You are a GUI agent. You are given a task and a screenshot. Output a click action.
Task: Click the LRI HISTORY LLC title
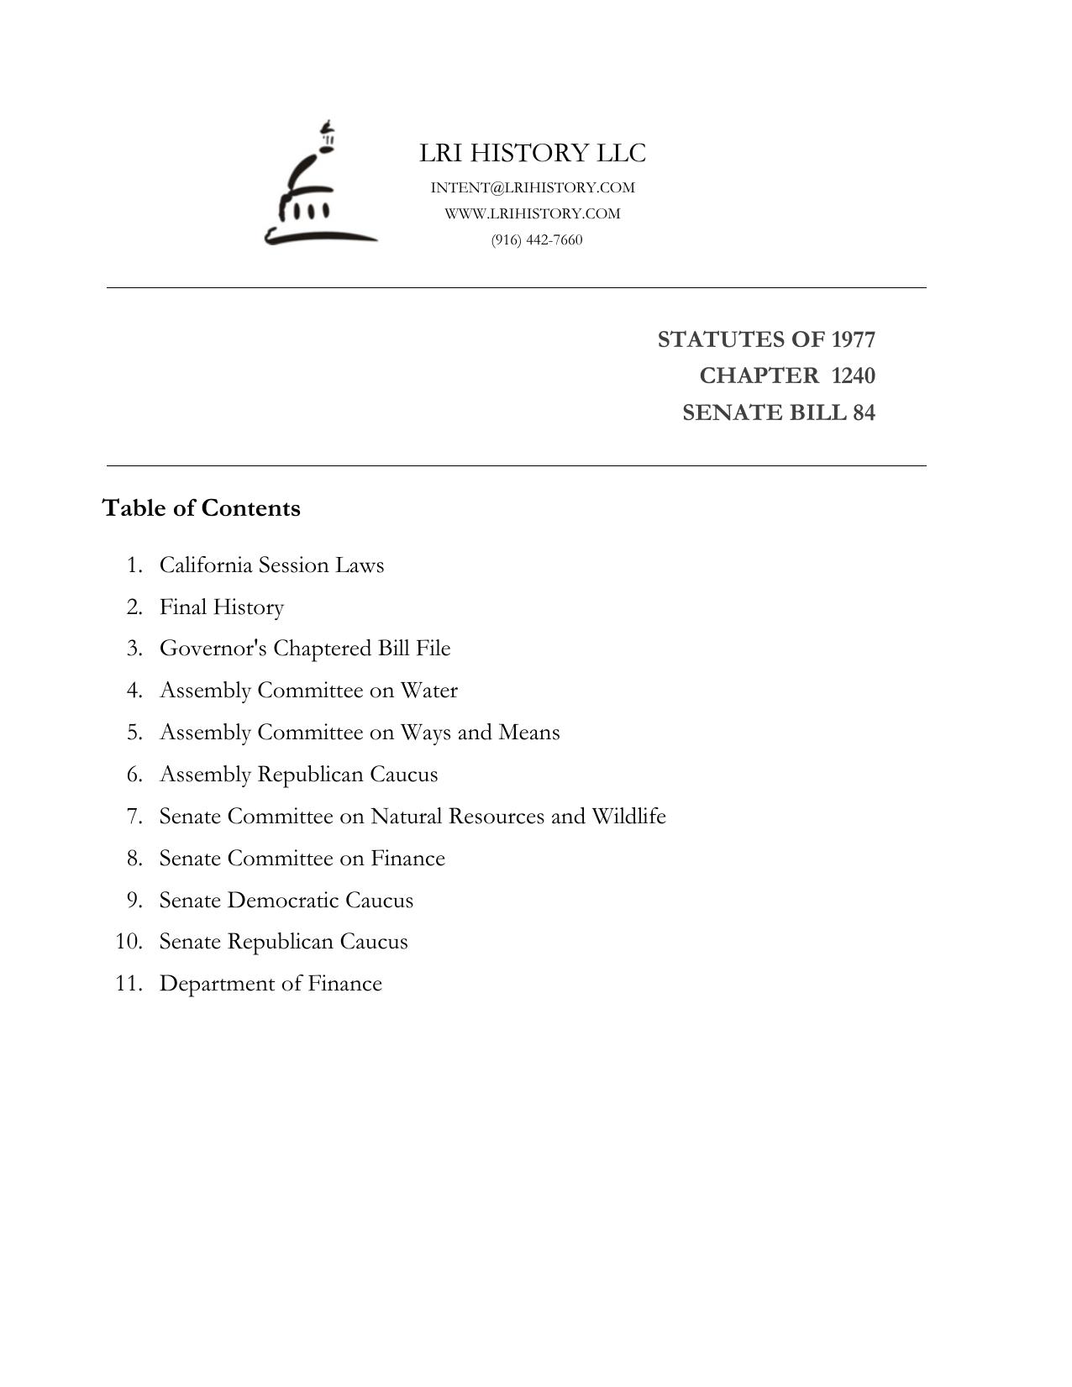533,153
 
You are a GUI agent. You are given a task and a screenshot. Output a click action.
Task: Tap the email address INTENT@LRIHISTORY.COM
533,187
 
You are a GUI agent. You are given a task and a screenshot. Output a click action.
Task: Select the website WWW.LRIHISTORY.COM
533,213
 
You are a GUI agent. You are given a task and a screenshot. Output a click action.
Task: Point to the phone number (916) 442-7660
537,239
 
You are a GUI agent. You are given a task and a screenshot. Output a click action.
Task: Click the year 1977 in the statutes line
853,339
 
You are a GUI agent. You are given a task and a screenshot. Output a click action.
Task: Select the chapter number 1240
853,376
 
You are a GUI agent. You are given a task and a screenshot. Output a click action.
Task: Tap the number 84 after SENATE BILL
864,412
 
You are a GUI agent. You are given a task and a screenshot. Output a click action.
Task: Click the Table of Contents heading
201,508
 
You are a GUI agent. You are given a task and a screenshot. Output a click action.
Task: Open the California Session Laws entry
271,565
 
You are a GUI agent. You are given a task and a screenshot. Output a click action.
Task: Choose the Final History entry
222,607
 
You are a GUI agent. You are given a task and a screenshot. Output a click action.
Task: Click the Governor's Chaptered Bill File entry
305,649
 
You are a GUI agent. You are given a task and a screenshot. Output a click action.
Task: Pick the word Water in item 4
428,691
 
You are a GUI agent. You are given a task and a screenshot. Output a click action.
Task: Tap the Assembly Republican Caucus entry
298,775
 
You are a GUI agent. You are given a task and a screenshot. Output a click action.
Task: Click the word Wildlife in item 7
628,817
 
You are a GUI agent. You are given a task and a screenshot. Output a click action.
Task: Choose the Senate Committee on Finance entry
302,859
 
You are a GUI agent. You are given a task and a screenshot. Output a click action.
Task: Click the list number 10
129,942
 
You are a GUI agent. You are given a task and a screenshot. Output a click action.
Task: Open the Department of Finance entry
271,984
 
